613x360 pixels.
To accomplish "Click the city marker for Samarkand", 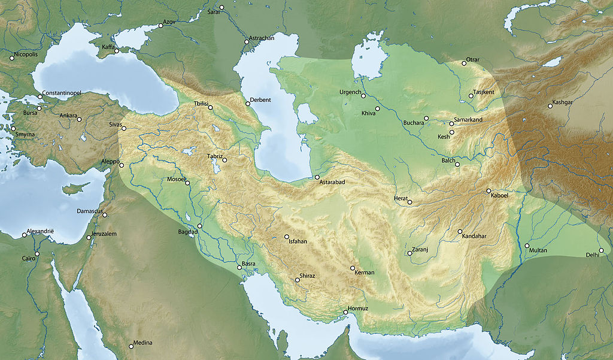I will [x=451, y=123].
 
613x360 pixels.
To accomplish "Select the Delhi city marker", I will [x=601, y=250].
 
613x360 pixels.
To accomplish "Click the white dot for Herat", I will [x=410, y=202].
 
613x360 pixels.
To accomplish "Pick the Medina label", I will [x=143, y=343].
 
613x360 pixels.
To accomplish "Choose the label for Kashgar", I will [x=563, y=102].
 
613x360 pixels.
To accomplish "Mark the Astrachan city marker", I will [x=246, y=42].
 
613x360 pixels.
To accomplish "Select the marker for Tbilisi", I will [x=210, y=107].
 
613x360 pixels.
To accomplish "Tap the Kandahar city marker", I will [x=460, y=232].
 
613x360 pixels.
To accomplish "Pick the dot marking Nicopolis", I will [x=11, y=58].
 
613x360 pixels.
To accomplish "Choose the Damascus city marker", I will [x=105, y=215].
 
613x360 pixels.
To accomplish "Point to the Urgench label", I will [x=350, y=92].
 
